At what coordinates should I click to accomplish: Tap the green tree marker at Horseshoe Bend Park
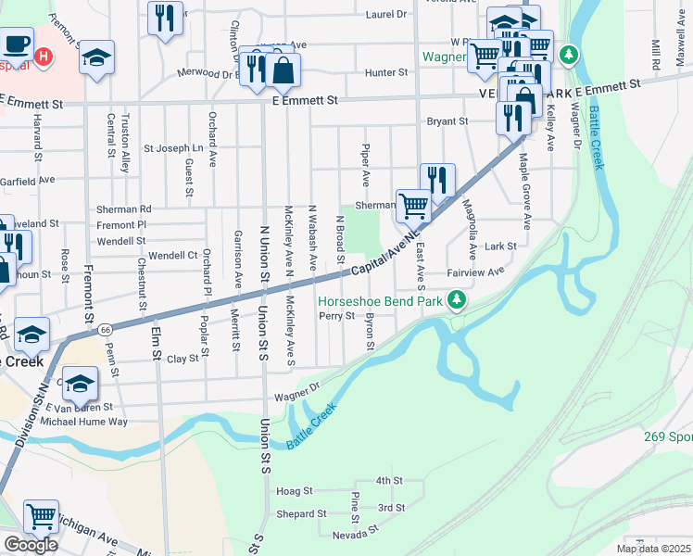(x=456, y=300)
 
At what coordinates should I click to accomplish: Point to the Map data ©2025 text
(x=653, y=549)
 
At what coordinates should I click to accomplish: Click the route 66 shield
(x=107, y=329)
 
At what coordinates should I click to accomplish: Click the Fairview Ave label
(x=475, y=272)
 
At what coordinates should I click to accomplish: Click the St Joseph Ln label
(x=172, y=148)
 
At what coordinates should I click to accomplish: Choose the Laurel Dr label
(x=386, y=15)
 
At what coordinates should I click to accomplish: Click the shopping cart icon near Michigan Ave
(x=41, y=516)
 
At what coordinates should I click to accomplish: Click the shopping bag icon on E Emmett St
(x=283, y=69)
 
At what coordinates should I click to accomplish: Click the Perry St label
(x=337, y=316)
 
